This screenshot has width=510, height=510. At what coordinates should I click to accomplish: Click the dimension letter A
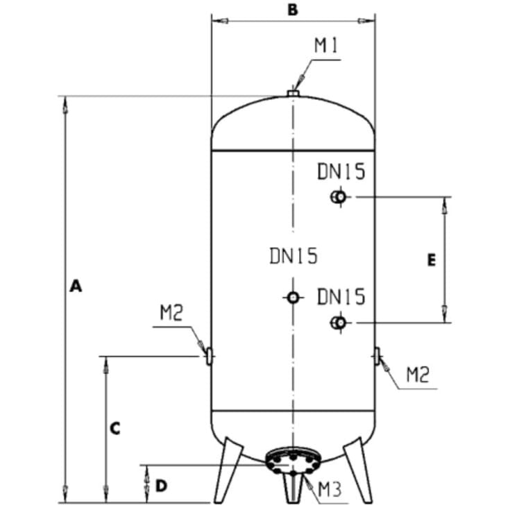[x=76, y=286]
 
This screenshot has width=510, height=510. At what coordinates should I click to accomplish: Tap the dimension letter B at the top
[x=293, y=10]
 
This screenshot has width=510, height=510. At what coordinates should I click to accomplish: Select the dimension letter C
[x=115, y=428]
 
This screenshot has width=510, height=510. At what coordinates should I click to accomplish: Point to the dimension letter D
[x=161, y=486]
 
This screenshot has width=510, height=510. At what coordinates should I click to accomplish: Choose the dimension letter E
[x=432, y=260]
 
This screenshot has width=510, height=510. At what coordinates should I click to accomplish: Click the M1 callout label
[x=327, y=45]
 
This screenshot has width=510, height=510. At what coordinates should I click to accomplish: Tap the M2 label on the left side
[x=171, y=312]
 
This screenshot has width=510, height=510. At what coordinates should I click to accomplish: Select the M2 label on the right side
[x=418, y=374]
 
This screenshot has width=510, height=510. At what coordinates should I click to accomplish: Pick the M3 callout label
[x=330, y=489]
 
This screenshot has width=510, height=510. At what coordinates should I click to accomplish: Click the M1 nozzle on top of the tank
[x=293, y=94]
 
